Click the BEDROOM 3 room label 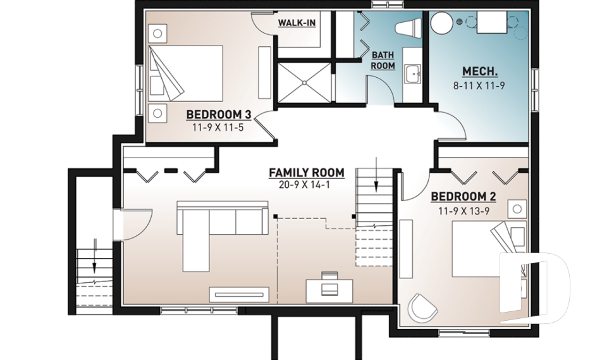(219, 115)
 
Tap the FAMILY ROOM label (307, 173)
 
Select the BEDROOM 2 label (463, 197)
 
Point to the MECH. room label (480, 71)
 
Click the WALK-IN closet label (297, 23)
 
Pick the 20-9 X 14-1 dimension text (304, 185)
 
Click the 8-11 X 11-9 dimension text (479, 85)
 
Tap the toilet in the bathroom (408, 28)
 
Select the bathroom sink (413, 73)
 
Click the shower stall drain (305, 82)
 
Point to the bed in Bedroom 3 (186, 73)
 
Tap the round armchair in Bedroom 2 (422, 307)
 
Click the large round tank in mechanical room (442, 23)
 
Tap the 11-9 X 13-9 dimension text (463, 211)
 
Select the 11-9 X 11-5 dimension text (218, 127)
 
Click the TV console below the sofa (239, 294)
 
